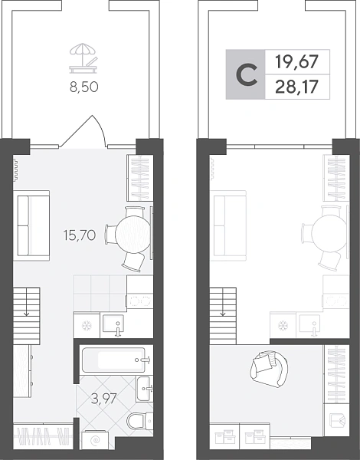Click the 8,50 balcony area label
pyautogui.click(x=83, y=87)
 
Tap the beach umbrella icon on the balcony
pyautogui.click(x=83, y=58)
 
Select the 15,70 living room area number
pyautogui.click(x=80, y=235)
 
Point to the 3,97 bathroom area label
pyautogui.click(x=104, y=399)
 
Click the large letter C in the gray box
pyautogui.click(x=247, y=75)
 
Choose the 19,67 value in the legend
pyautogui.click(x=297, y=62)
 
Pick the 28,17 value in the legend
pyautogui.click(x=296, y=87)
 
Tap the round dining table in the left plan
pyautogui.click(x=133, y=234)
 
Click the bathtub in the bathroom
pyautogui.click(x=113, y=360)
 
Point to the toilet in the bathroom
pyautogui.click(x=140, y=421)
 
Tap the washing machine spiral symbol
pyautogui.click(x=95, y=440)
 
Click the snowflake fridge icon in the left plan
pyautogui.click(x=87, y=325)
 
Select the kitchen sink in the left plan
pyautogui.click(x=113, y=325)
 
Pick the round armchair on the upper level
pyautogui.click(x=269, y=369)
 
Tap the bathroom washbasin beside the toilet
pyautogui.click(x=144, y=389)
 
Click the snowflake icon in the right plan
pyautogui.click(x=283, y=325)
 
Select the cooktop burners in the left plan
pyautogui.click(x=140, y=301)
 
